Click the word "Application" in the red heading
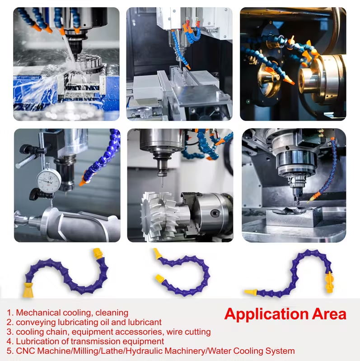[266, 314]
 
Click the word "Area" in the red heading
[329, 314]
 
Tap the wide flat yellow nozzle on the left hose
[28, 290]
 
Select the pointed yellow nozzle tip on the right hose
[251, 292]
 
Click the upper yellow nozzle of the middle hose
[158, 254]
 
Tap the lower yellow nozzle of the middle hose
[160, 278]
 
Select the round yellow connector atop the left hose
[98, 254]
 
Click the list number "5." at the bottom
[10, 351]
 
